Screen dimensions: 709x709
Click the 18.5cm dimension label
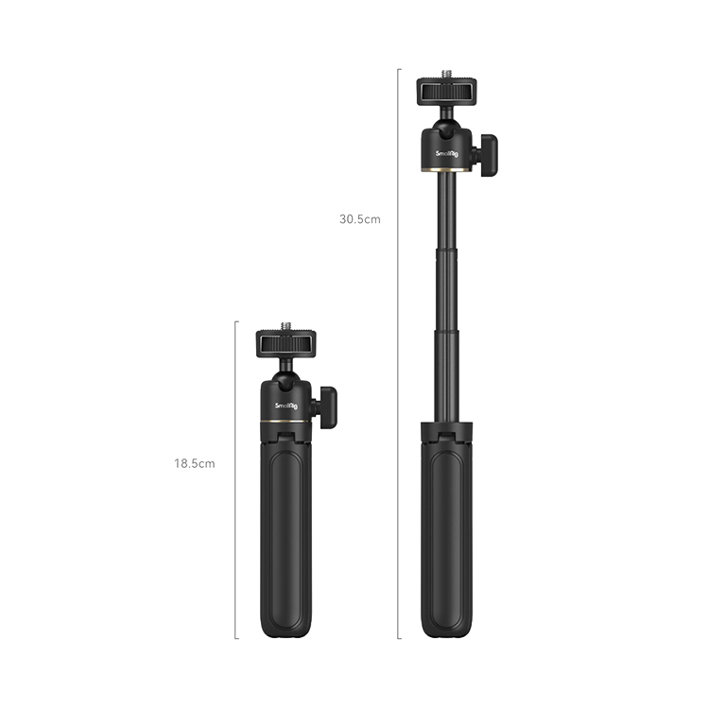[195, 463]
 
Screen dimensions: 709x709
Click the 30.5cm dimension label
[360, 219]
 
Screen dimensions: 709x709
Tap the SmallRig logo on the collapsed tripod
[286, 406]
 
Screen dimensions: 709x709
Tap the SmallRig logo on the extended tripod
[447, 154]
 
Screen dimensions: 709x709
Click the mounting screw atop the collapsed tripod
[285, 325]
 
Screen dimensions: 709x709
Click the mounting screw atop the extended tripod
[446, 74]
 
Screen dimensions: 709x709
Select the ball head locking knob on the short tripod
[326, 407]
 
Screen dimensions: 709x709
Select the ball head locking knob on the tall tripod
[487, 155]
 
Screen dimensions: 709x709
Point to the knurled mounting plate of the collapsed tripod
[285, 344]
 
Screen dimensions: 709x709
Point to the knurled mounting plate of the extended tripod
[446, 92]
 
